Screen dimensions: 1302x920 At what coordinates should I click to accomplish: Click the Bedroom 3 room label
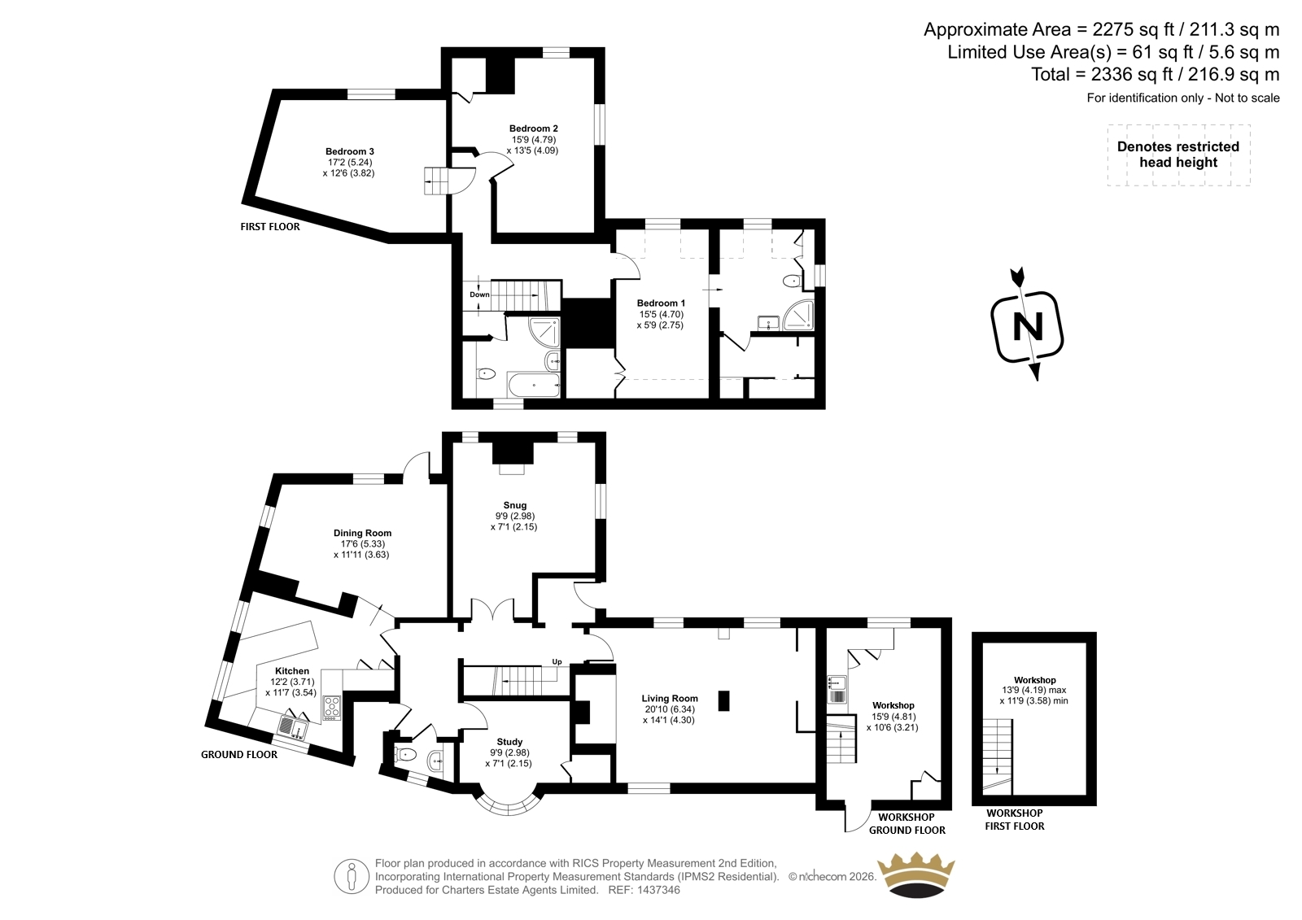tap(349, 151)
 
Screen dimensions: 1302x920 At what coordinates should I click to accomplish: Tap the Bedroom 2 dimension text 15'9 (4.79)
tap(534, 139)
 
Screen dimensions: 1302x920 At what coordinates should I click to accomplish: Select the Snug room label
tap(515, 505)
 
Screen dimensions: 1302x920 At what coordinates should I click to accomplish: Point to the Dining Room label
tap(362, 533)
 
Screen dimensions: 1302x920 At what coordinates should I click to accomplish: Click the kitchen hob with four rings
tap(332, 708)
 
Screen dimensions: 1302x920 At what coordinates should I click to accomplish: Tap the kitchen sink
tap(293, 727)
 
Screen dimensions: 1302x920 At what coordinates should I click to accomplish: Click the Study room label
tap(509, 742)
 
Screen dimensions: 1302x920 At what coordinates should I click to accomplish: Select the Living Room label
tap(670, 699)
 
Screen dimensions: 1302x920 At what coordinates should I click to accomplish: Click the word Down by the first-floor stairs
tap(479, 294)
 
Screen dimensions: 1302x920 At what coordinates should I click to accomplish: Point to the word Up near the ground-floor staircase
tap(557, 661)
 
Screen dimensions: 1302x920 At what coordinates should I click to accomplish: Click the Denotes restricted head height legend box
tap(1178, 155)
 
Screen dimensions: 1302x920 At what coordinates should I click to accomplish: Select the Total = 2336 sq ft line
tap(1156, 74)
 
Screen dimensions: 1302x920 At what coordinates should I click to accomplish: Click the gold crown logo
tap(915, 875)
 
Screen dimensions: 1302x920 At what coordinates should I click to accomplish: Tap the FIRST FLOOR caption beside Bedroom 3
tap(270, 227)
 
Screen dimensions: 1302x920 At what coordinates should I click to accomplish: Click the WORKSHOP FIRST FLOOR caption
tap(1014, 819)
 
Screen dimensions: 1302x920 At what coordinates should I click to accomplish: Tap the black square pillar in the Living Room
tap(723, 700)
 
